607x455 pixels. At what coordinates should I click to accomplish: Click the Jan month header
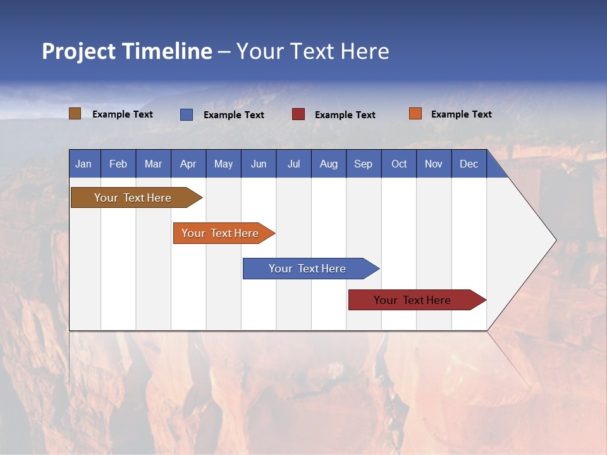pyautogui.click(x=83, y=164)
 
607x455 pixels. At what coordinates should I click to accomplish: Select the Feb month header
pyautogui.click(x=118, y=164)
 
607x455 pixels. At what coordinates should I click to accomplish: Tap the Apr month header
pyautogui.click(x=188, y=164)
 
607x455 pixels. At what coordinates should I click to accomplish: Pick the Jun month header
pyautogui.click(x=259, y=164)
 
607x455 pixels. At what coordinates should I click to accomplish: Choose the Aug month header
pyautogui.click(x=329, y=164)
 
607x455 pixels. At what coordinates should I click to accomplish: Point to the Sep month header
pyautogui.click(x=364, y=164)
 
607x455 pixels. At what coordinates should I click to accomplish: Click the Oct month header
pyautogui.click(x=399, y=164)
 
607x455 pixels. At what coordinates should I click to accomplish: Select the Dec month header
pyautogui.click(x=469, y=164)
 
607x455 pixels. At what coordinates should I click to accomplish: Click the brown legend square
pyautogui.click(x=75, y=114)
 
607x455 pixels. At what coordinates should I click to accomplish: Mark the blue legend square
pyautogui.click(x=187, y=114)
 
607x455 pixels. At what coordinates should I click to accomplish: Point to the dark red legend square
pyautogui.click(x=298, y=114)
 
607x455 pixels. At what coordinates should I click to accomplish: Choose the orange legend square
pyautogui.click(x=415, y=114)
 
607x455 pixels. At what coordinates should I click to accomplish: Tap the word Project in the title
pyautogui.click(x=78, y=51)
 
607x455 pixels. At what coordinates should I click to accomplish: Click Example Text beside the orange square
pyautogui.click(x=461, y=114)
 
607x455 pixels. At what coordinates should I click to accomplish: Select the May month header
pyautogui.click(x=223, y=164)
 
